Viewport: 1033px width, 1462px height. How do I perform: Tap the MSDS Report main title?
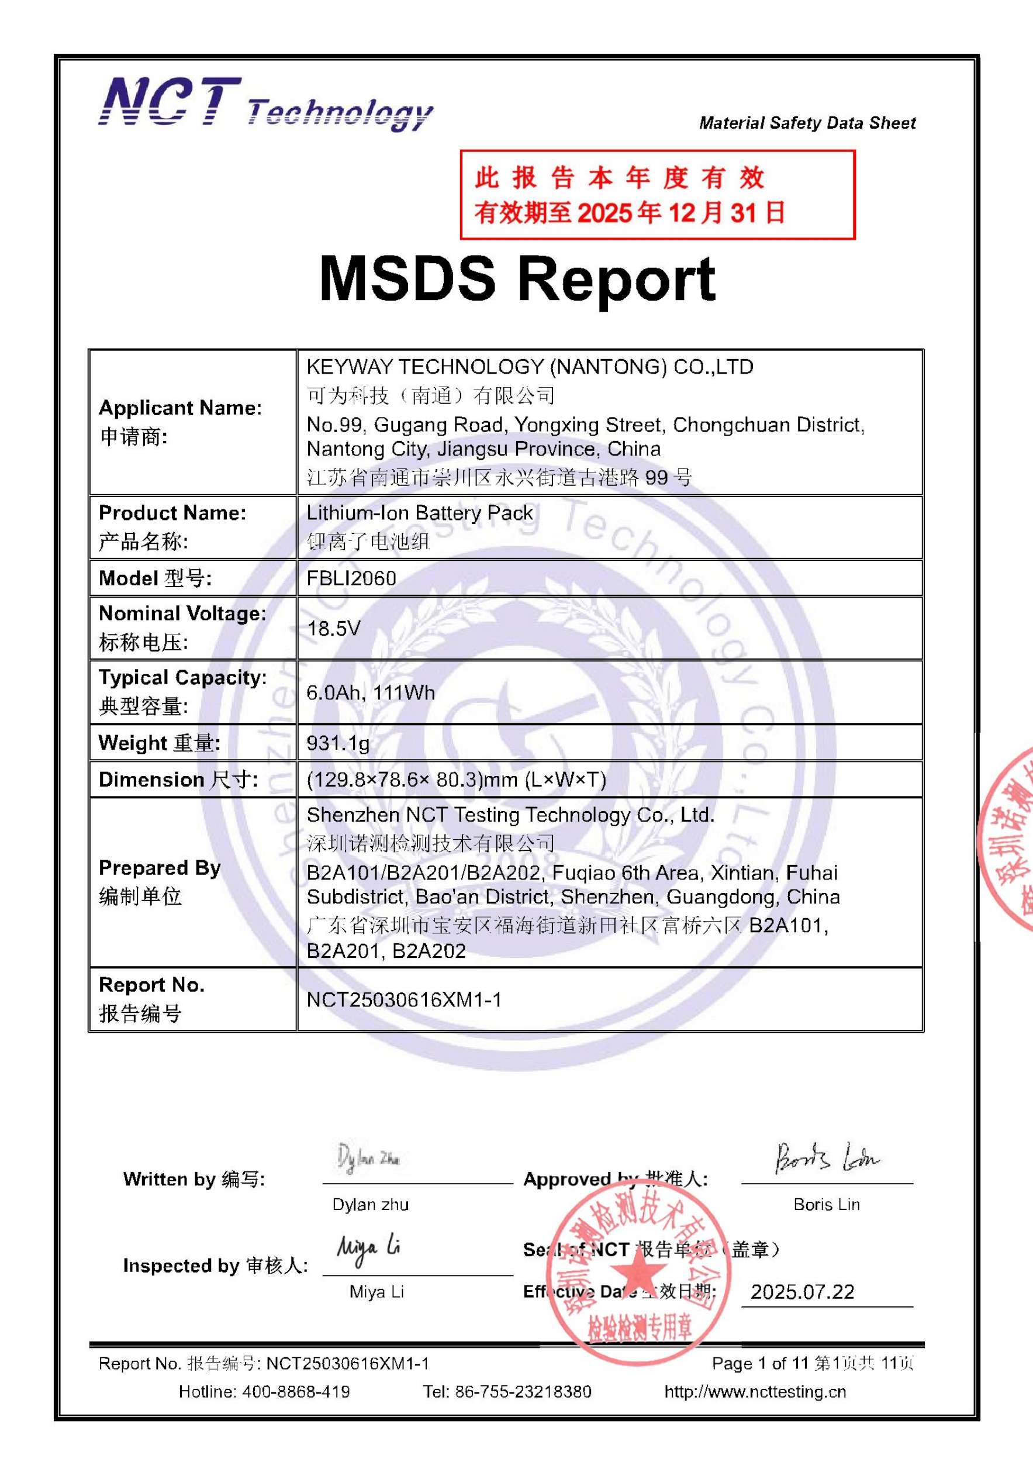517,279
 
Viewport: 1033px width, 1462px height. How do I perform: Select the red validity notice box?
657,195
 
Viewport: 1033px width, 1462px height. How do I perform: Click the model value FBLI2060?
351,578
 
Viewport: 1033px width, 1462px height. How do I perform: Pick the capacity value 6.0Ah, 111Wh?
371,692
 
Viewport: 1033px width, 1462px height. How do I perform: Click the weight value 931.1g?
338,743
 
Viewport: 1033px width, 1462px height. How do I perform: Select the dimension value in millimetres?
456,780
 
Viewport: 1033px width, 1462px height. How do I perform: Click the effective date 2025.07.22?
802,1292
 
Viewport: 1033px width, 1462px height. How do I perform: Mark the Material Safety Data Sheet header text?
807,123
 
